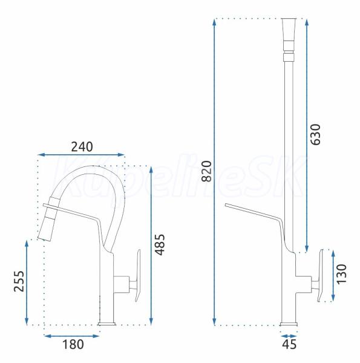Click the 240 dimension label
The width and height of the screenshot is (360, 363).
(x=82, y=146)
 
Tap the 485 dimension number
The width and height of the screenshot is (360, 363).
(x=160, y=244)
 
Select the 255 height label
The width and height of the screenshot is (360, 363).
(x=19, y=281)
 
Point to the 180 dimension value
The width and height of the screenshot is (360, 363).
(x=73, y=344)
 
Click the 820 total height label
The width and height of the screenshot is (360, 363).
(x=206, y=171)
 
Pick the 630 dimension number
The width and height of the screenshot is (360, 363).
(x=315, y=134)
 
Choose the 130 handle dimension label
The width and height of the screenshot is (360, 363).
(x=341, y=274)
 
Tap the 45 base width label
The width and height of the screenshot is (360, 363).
(x=289, y=344)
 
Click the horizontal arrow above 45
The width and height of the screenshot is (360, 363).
(x=289, y=336)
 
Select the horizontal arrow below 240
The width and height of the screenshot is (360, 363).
(x=81, y=155)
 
